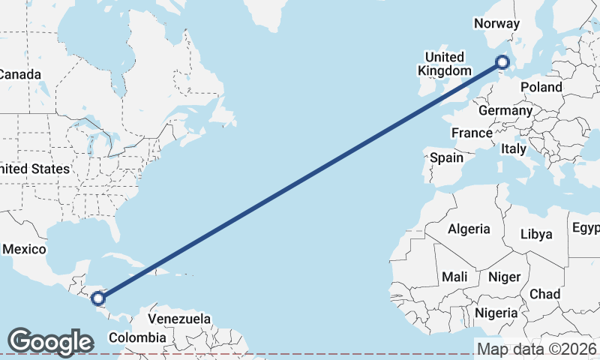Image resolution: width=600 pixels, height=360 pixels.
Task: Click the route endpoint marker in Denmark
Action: [x=503, y=62]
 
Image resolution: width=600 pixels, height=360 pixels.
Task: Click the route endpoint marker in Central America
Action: [x=98, y=298]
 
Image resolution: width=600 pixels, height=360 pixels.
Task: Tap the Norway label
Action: [x=496, y=23]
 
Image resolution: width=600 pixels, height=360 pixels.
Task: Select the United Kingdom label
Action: [x=445, y=64]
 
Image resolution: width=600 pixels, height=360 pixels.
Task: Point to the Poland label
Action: [x=541, y=87]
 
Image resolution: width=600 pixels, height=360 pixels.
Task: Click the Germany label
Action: [x=505, y=110]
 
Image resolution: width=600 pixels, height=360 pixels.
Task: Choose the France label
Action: [x=471, y=133]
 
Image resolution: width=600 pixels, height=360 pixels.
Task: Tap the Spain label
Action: [x=446, y=158]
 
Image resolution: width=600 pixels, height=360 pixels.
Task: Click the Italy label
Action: [x=514, y=148]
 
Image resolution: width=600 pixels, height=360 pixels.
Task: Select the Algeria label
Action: [x=468, y=229]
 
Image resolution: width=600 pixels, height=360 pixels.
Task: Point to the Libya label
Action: [x=536, y=234]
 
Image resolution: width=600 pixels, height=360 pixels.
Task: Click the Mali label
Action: [x=454, y=277]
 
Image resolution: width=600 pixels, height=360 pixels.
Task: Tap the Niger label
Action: [x=504, y=277]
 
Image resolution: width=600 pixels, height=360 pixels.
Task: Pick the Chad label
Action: [x=545, y=293]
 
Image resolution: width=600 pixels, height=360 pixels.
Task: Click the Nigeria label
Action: [x=495, y=312]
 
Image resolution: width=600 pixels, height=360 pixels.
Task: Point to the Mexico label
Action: [x=25, y=249]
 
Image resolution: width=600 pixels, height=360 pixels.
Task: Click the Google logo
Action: [x=50, y=341]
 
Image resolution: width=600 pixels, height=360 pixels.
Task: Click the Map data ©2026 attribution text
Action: [x=536, y=349]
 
